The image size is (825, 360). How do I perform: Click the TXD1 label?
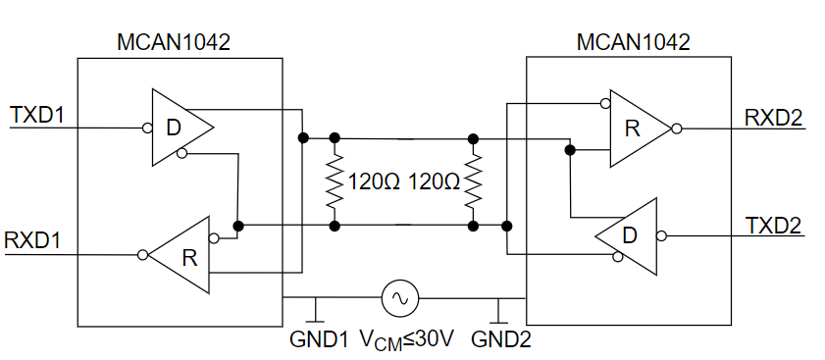point(37,115)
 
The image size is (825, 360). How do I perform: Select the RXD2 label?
point(773,117)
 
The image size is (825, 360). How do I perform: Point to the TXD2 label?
point(773,224)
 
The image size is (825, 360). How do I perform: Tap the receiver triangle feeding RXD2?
point(635,129)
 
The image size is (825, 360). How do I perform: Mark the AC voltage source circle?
point(399,296)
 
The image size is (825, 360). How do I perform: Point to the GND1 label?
point(319,339)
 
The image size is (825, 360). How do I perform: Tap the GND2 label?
point(501,339)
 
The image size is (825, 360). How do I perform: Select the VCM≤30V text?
point(406,339)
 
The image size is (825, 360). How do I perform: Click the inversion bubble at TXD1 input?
point(146,128)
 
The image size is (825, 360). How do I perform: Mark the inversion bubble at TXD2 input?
point(662,235)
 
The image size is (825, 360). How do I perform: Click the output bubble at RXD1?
point(143,255)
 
